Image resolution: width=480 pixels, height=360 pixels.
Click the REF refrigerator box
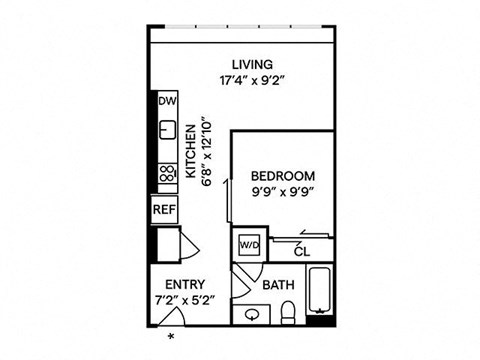pyautogui.click(x=163, y=210)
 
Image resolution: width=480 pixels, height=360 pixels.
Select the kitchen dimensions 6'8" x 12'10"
pyautogui.click(x=207, y=150)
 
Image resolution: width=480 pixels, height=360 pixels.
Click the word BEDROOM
pyautogui.click(x=283, y=176)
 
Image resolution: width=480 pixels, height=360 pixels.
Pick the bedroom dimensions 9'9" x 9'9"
pyautogui.click(x=283, y=192)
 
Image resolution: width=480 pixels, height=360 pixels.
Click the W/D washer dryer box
pyautogui.click(x=246, y=243)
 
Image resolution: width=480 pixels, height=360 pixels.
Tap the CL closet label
pyautogui.click(x=302, y=252)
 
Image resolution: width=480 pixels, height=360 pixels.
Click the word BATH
pyautogui.click(x=277, y=285)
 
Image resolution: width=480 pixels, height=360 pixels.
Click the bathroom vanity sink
pyautogui.click(x=253, y=315)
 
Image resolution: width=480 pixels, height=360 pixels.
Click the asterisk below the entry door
pyautogui.click(x=170, y=336)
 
